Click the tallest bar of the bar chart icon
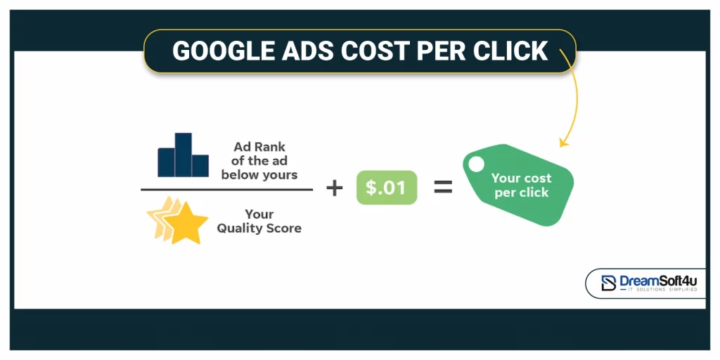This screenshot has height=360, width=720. pyautogui.click(x=184, y=154)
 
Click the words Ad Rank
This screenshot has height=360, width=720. pyautogui.click(x=259, y=147)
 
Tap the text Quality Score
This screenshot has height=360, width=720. pyautogui.click(x=259, y=228)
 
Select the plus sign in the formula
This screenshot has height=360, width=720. pyautogui.click(x=335, y=188)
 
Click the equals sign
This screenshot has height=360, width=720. pyautogui.click(x=442, y=188)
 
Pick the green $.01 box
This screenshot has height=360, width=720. pyautogui.click(x=387, y=188)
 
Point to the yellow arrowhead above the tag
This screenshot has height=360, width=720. pyautogui.click(x=562, y=143)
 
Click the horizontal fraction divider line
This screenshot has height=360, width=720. pyautogui.click(x=226, y=189)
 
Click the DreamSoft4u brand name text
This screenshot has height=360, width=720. pyautogui.click(x=658, y=281)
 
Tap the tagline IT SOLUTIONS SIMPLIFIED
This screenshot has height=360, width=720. pyautogui.click(x=658, y=290)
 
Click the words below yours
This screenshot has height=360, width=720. pyautogui.click(x=259, y=175)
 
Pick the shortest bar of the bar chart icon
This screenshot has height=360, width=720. pyautogui.click(x=200, y=165)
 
